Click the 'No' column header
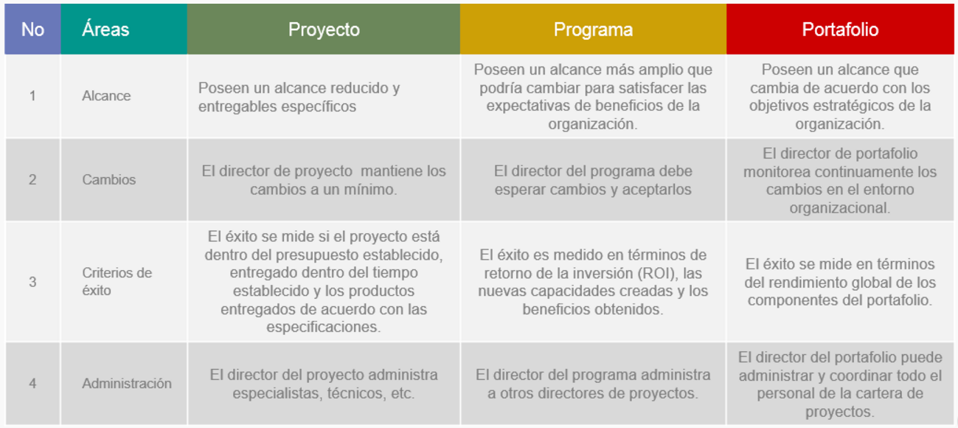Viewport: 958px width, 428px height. tap(33, 30)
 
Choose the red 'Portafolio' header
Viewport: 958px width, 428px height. tap(840, 30)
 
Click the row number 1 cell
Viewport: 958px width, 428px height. tap(32, 95)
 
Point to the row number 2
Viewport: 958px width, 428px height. tap(32, 179)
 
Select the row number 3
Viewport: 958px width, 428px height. tap(32, 282)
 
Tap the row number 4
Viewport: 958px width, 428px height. tap(32, 383)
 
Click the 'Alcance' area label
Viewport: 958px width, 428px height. tap(106, 95)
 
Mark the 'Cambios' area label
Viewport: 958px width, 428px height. tap(109, 179)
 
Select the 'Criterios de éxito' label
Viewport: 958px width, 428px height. tap(117, 281)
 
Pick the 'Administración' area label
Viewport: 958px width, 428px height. tap(127, 383)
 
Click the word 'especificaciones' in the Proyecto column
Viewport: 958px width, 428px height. tap(324, 327)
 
